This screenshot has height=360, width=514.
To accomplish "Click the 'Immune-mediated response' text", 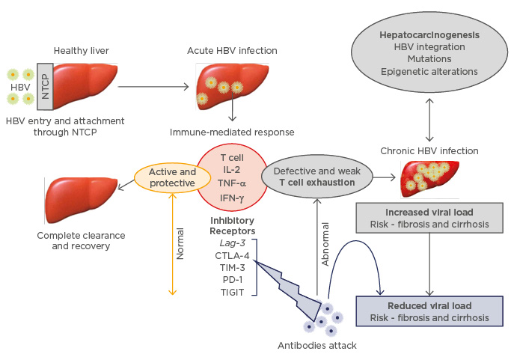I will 233,132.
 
